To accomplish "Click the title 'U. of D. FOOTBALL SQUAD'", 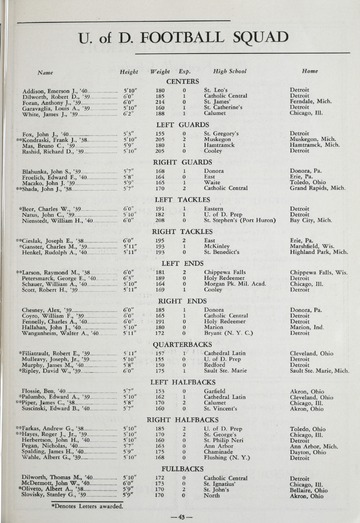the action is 180,38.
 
